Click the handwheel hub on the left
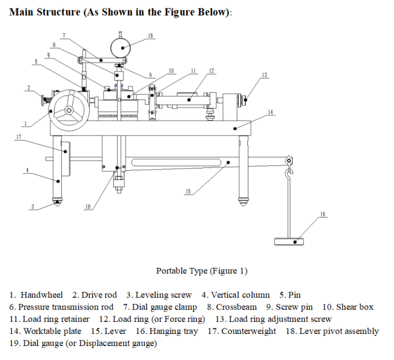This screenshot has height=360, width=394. coord(69,111)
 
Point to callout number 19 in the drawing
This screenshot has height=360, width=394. coord(150,36)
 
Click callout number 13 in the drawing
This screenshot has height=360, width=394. coord(264,75)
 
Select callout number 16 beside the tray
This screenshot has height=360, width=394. coord(322,214)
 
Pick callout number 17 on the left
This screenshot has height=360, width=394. coord(19,138)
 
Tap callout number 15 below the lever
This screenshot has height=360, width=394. coord(188,192)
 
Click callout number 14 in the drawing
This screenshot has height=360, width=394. coord(270,112)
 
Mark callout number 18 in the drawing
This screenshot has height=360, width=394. coord(88,207)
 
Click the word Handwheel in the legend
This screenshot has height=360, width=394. coord(42,295)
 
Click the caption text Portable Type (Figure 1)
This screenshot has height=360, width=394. coord(201,271)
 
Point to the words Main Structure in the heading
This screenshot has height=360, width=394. coord(46,13)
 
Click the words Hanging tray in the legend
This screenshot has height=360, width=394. coord(175,331)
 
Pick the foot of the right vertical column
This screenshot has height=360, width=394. coord(244,200)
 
